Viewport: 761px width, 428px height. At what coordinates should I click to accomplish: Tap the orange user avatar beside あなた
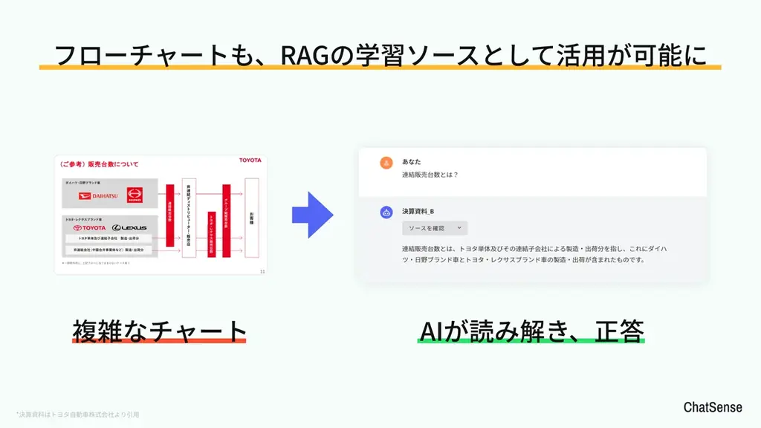point(386,163)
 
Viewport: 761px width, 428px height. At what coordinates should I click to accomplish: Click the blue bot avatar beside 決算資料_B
point(386,212)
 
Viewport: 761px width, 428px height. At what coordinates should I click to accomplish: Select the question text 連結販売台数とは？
point(430,175)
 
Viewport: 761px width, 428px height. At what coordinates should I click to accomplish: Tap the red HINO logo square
point(135,195)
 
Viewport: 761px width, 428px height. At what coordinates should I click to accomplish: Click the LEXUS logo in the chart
point(129,227)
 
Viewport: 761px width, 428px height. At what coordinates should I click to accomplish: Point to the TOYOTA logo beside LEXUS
point(89,227)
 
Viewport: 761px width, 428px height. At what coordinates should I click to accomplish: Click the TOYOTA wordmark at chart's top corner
point(250,160)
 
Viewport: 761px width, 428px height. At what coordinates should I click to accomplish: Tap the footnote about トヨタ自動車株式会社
point(78,414)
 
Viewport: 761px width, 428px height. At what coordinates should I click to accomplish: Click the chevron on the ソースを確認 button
point(459,228)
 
